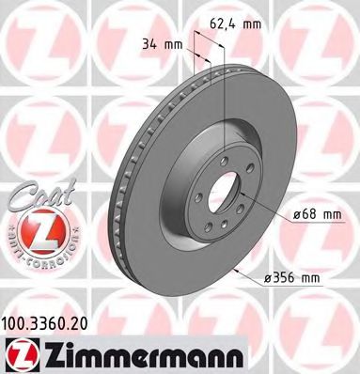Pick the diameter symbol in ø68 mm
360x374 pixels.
coord(286,214)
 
